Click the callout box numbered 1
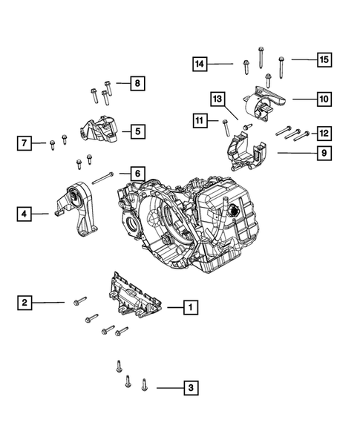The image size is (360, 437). (191, 307)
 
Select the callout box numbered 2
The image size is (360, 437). (24, 303)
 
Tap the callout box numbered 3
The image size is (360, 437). (191, 388)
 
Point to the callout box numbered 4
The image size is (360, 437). (24, 214)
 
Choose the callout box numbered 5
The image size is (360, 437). (138, 131)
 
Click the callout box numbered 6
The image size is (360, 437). (138, 174)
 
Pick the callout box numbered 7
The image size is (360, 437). (24, 143)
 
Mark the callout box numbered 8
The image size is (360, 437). (138, 83)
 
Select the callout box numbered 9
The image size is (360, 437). (324, 153)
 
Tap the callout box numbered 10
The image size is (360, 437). (324, 99)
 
